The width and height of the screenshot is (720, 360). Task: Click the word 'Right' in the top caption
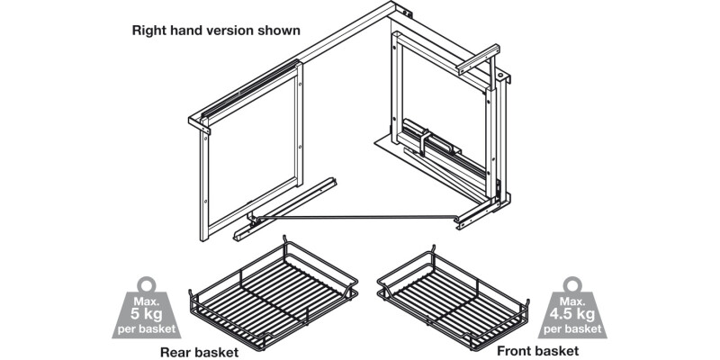(x=151, y=31)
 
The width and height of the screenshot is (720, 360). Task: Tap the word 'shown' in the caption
(x=280, y=31)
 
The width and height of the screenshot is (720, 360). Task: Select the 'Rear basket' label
(x=199, y=352)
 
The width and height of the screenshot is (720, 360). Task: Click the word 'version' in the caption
(x=231, y=31)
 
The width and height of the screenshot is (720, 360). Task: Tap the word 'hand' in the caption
(x=189, y=31)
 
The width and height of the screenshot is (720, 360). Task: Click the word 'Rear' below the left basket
(x=175, y=352)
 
